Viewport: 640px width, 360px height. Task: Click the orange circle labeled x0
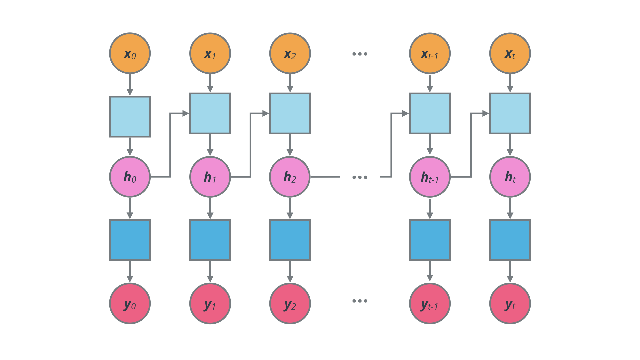pos(130,53)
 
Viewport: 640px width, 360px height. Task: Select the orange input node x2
pos(290,53)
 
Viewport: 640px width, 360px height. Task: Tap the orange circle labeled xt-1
pos(430,53)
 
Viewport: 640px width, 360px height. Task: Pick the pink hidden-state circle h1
pos(210,177)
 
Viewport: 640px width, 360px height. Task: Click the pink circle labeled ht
pos(510,177)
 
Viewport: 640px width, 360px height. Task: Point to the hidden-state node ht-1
pos(430,177)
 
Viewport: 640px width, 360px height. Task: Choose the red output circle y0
pos(130,303)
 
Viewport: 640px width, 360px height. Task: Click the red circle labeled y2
pos(290,303)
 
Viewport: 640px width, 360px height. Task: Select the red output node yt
pos(510,303)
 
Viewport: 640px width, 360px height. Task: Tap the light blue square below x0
pos(130,117)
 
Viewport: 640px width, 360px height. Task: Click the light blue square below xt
pos(510,113)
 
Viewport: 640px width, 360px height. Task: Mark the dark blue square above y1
pos(210,240)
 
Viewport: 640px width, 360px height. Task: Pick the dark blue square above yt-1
pos(430,240)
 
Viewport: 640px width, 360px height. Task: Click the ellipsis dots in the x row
pos(360,54)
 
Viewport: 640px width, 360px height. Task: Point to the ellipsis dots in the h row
pos(360,177)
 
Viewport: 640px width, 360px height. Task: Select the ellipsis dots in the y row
pos(360,301)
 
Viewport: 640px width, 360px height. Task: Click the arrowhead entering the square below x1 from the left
pos(185,113)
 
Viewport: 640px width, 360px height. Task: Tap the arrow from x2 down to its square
pos(290,83)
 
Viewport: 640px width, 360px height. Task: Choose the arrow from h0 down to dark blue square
pos(130,208)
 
